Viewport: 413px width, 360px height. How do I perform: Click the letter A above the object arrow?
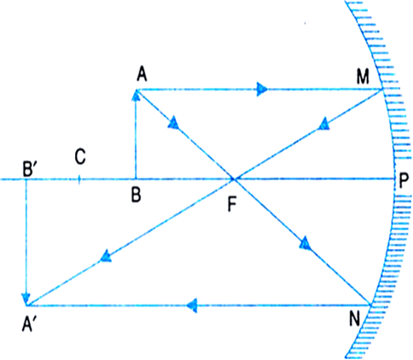[142, 75]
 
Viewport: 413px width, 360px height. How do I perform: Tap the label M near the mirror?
[363, 77]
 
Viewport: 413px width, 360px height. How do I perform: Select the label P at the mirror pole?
[404, 181]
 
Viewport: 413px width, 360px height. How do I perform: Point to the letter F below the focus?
[232, 205]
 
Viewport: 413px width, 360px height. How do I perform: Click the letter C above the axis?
[80, 157]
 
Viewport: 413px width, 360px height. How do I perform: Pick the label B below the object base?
[137, 195]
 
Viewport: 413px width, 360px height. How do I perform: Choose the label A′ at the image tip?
[28, 324]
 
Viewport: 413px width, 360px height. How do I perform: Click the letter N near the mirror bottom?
[355, 319]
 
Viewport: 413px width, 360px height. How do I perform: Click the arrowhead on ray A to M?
[262, 90]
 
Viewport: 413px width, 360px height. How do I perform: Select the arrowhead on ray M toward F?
[323, 125]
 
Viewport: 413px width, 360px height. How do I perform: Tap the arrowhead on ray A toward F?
[173, 124]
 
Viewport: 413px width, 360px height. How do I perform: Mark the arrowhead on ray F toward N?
[305, 243]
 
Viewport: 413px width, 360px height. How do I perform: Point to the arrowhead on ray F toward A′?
[105, 256]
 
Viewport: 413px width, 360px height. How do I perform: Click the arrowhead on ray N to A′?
[192, 305]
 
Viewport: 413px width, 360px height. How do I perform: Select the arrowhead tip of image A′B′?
[26, 305]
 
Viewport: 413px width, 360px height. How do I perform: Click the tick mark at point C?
[79, 179]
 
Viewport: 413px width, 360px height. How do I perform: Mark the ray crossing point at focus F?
[235, 179]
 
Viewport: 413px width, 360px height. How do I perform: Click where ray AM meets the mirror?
[382, 90]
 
